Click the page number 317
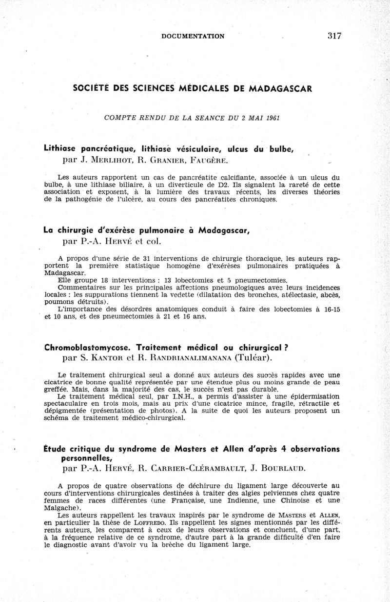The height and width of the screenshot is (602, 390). point(334,36)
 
